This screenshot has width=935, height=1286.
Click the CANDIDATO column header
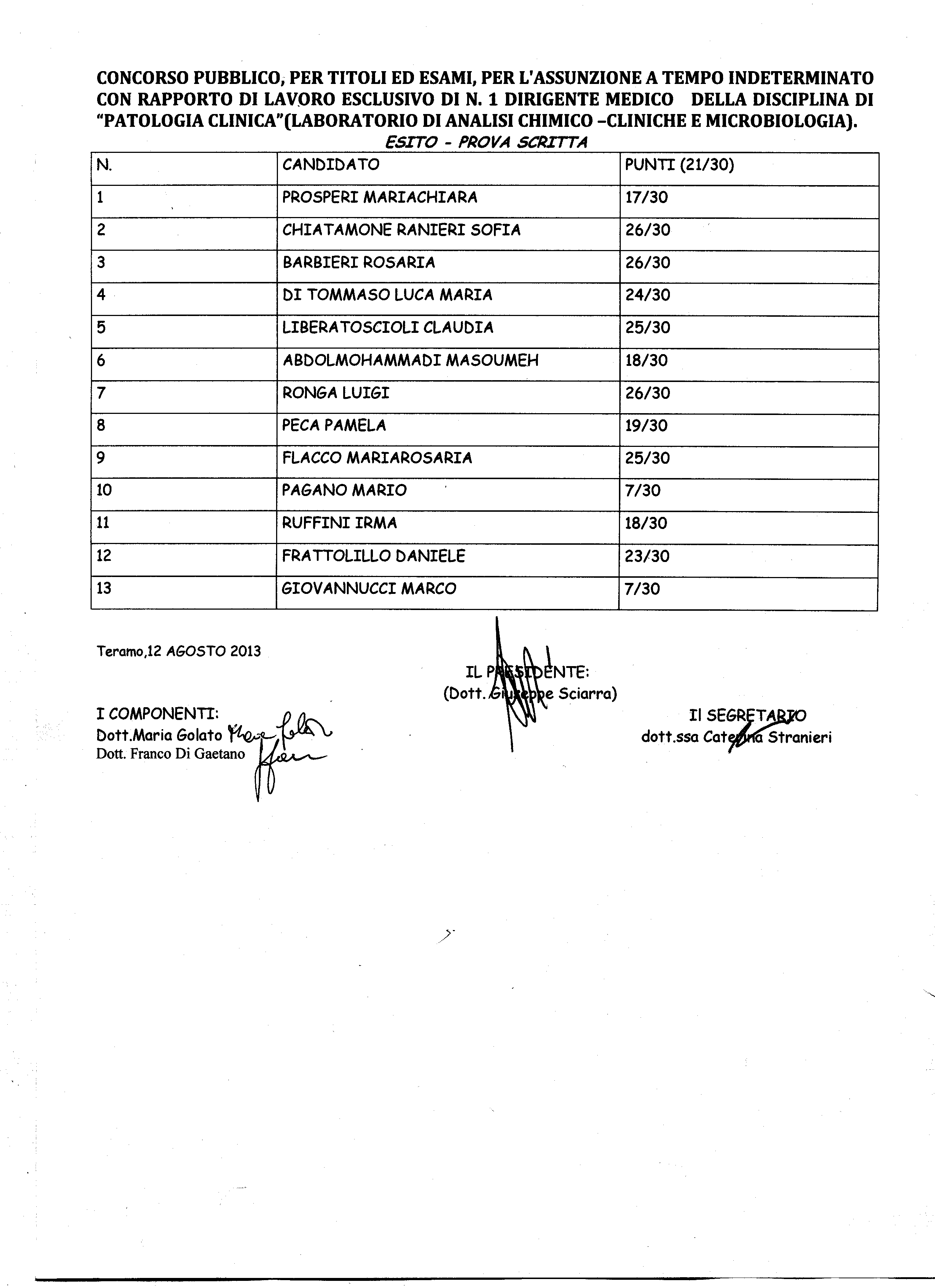click(331, 165)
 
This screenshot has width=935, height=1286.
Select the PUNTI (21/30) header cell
click(679, 165)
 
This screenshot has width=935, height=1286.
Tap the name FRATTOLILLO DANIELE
click(373, 556)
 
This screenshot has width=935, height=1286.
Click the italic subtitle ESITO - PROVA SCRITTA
click(485, 142)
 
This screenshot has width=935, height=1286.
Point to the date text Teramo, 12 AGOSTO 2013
click(179, 651)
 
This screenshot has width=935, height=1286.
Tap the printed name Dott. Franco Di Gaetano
click(170, 754)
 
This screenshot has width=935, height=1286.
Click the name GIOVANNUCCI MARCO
click(368, 589)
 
